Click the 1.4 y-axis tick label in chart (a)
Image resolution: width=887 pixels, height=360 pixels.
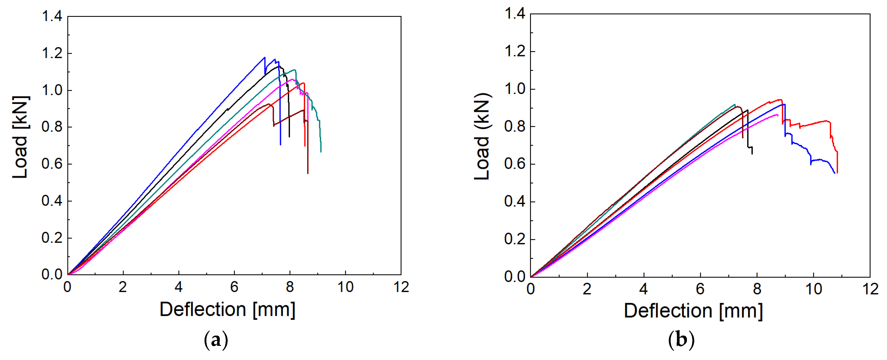pyautogui.click(x=52, y=16)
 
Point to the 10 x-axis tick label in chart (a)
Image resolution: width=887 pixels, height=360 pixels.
pyautogui.click(x=345, y=287)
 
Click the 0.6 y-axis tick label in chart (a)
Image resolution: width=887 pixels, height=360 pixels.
pyautogui.click(x=52, y=164)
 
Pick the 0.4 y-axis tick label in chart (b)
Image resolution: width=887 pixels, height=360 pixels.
pyautogui.click(x=515, y=201)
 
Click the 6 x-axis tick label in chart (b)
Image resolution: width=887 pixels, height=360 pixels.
pyautogui.click(x=700, y=289)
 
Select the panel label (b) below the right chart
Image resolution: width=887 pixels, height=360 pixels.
pyautogui.click(x=681, y=340)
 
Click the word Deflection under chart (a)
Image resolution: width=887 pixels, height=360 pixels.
pyautogui.click(x=202, y=309)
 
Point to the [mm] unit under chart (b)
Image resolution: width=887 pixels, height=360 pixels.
pyautogui.click(x=741, y=311)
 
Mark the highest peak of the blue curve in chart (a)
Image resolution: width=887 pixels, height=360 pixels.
pyautogui.click(x=264, y=57)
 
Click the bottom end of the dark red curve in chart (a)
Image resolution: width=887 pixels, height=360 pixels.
pyautogui.click(x=308, y=173)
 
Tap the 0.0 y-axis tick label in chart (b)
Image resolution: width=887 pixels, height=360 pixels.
pyautogui.click(x=515, y=277)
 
